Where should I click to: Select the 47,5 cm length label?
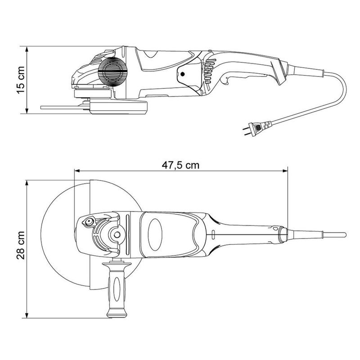[x=180, y=165]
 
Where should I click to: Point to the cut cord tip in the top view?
[x=344, y=234]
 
